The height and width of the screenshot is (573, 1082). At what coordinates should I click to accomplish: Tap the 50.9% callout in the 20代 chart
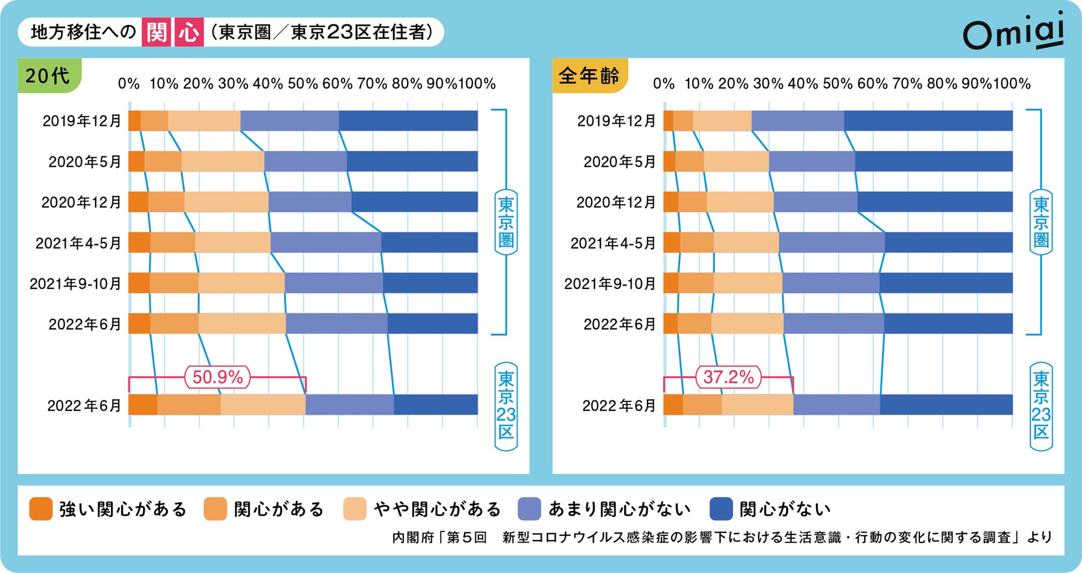point(218,377)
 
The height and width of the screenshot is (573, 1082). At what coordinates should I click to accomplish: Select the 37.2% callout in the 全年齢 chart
point(729,377)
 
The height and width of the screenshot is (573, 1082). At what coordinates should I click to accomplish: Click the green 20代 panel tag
point(49,75)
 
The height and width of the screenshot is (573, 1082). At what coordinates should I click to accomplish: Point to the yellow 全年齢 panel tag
point(589,75)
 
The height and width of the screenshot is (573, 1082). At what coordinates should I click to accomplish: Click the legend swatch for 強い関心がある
point(41,509)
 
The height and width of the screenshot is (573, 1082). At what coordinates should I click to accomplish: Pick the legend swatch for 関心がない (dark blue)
point(721,509)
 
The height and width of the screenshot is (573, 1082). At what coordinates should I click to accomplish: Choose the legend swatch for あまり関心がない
point(529,509)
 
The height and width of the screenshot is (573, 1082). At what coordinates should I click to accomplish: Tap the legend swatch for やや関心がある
point(355,509)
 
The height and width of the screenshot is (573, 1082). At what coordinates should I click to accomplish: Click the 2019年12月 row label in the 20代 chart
point(82,121)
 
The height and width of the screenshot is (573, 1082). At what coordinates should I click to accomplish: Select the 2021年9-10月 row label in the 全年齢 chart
point(610,283)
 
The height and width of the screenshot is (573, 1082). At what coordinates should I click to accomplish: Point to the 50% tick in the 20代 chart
point(303,84)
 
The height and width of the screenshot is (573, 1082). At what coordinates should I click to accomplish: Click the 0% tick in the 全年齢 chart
point(664,84)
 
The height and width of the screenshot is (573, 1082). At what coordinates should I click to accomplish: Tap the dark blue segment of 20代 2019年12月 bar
point(408,121)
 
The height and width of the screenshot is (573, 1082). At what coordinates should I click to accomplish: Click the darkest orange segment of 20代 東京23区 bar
point(143,404)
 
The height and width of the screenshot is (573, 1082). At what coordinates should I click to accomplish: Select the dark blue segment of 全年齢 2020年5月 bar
point(933,161)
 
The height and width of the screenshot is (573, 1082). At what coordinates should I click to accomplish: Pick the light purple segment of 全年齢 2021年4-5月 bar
point(831,242)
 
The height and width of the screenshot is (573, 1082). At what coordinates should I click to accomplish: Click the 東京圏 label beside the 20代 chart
point(505,222)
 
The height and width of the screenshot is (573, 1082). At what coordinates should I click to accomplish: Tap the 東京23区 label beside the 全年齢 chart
point(1041,406)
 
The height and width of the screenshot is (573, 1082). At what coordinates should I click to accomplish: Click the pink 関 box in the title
point(156,32)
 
